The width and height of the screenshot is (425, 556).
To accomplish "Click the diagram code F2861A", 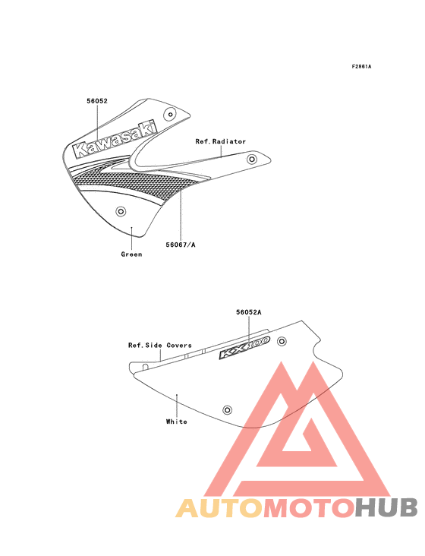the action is point(361,66).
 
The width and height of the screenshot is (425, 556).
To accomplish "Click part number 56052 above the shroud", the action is point(97,101).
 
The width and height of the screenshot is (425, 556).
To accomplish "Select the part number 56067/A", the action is point(181,245).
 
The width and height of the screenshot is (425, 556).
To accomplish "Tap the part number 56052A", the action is point(249,312).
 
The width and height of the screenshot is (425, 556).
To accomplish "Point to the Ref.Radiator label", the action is point(221,141).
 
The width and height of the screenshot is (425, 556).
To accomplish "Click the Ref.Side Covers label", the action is point(160,346).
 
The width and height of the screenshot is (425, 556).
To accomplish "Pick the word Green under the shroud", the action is point(131,254).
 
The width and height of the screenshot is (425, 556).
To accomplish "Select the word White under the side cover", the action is point(176,422).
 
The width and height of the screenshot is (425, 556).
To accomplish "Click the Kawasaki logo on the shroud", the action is point(115,140).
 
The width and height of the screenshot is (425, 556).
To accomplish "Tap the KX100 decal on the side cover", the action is point(244,348).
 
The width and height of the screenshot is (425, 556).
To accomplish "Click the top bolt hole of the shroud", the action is point(170,115).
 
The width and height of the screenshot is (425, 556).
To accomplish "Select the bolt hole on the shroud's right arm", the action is point(252,160).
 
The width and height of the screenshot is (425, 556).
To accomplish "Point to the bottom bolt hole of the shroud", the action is point(121,212).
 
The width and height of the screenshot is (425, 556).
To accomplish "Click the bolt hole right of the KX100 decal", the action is point(282,342).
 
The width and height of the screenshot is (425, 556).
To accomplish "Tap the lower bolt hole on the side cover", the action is point(227,410).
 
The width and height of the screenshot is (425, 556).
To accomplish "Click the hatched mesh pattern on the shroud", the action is point(134,179).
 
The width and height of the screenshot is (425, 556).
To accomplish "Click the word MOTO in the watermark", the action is point(309,508).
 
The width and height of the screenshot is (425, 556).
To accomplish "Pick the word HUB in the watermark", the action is point(387,508).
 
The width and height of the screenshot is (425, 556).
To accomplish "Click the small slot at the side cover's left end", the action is point(145,366).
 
